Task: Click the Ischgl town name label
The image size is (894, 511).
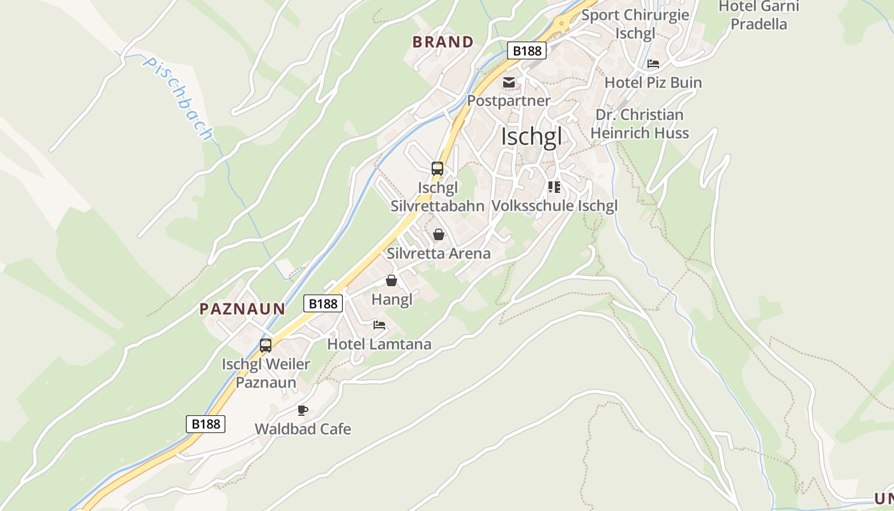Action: [x=531, y=137]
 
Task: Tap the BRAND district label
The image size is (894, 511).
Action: [x=443, y=42]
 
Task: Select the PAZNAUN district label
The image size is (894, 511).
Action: [x=242, y=309]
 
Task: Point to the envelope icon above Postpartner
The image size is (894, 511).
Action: [x=509, y=82]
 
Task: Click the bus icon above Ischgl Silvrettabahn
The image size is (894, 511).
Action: [x=437, y=169]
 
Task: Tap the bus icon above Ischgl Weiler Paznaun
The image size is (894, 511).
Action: [x=266, y=346]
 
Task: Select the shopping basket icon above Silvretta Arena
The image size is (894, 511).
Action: [x=439, y=234]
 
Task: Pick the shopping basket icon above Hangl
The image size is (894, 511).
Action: [x=391, y=280]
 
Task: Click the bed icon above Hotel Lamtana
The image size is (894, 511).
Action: [x=379, y=325]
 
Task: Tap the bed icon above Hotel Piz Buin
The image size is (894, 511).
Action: [x=653, y=64]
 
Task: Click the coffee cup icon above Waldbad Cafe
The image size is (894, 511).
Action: [x=303, y=410]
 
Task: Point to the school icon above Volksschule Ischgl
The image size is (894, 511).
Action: [x=554, y=187]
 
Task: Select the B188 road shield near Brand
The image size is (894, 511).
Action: [x=527, y=50]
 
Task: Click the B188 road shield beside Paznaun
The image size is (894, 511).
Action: [x=322, y=303]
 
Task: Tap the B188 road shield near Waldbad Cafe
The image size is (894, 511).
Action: [x=206, y=423]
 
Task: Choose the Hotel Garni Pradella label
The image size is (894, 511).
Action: [x=759, y=15]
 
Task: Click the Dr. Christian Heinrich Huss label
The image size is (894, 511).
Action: [x=639, y=124]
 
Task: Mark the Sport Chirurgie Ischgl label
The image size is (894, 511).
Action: [x=635, y=24]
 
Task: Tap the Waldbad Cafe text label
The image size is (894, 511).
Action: [x=303, y=429]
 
